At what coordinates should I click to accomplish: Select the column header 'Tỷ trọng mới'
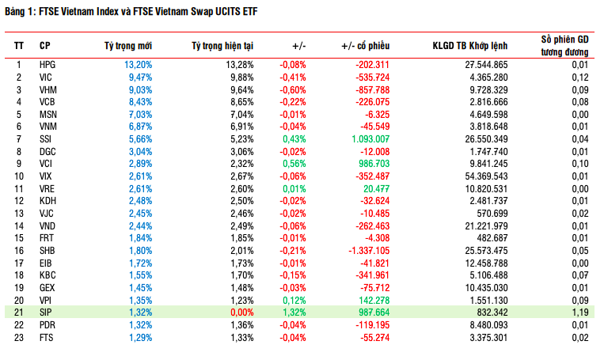click(x=128, y=46)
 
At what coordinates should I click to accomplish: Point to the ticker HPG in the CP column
click(x=47, y=64)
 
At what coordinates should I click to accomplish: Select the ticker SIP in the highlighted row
click(x=46, y=313)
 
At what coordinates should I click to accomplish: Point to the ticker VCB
click(x=47, y=101)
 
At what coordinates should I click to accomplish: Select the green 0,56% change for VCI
click(x=294, y=164)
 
